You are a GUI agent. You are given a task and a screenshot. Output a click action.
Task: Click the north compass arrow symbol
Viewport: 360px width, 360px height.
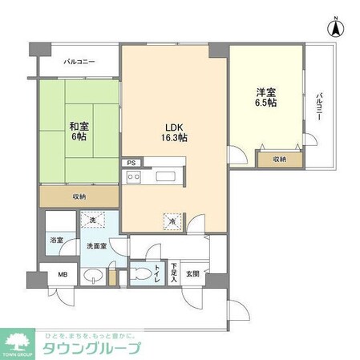coord(334,27)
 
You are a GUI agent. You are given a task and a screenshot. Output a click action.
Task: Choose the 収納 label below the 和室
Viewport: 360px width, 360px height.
coord(79,196)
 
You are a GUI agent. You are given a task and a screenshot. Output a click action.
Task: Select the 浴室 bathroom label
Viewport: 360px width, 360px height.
coord(56,240)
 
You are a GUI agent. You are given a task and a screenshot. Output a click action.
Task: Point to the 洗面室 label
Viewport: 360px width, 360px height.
coord(97,246)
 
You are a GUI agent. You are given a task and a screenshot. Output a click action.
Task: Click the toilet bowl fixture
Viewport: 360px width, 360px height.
coord(143,273)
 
